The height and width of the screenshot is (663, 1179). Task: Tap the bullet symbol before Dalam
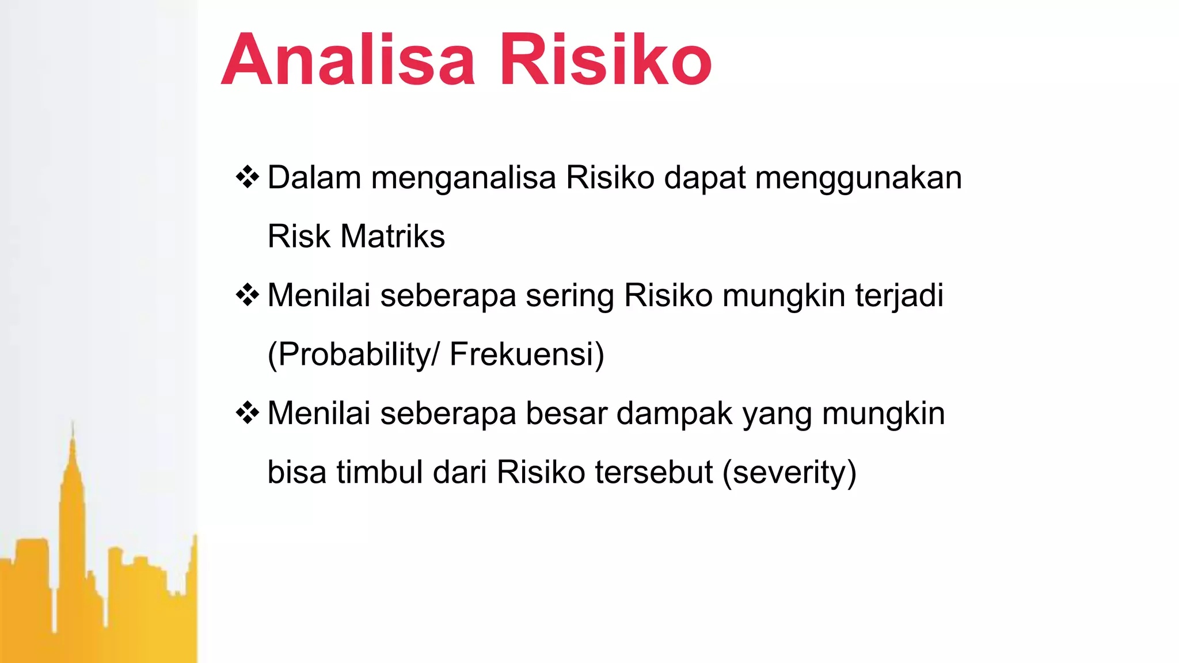(248, 177)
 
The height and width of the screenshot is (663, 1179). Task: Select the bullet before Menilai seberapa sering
(248, 295)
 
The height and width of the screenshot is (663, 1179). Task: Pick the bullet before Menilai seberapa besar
(248, 413)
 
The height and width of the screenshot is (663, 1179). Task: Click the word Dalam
(314, 177)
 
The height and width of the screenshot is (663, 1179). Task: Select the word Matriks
(393, 237)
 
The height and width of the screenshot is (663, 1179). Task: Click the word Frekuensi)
(527, 355)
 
